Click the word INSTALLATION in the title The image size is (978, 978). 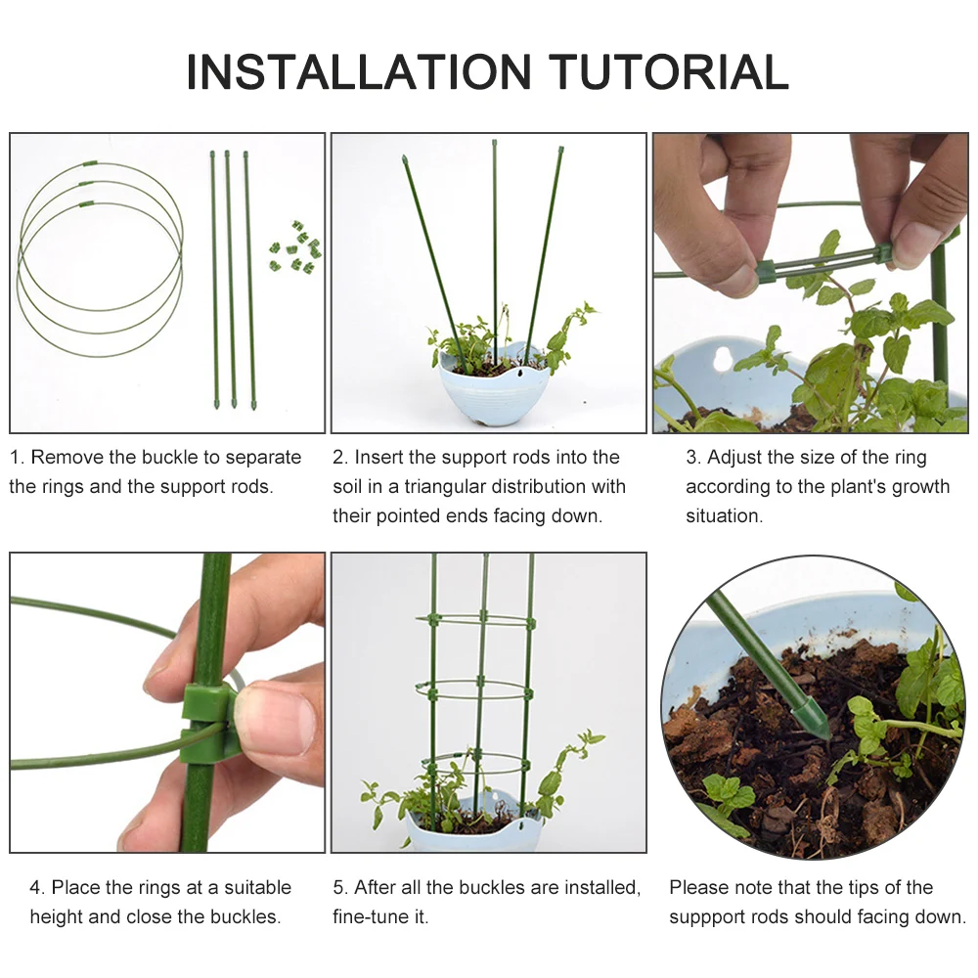coord(359,71)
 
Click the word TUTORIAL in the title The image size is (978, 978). coord(669,71)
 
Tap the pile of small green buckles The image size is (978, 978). coord(295,247)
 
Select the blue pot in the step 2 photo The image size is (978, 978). coord(493,386)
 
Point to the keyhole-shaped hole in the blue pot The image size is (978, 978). coord(724,359)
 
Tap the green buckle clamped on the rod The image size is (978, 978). coord(205,725)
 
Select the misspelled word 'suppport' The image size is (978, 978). coord(714,917)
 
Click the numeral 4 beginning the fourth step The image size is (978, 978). coord(35,888)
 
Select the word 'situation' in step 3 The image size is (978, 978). coord(724,516)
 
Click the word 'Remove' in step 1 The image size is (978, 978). coord(67,457)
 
